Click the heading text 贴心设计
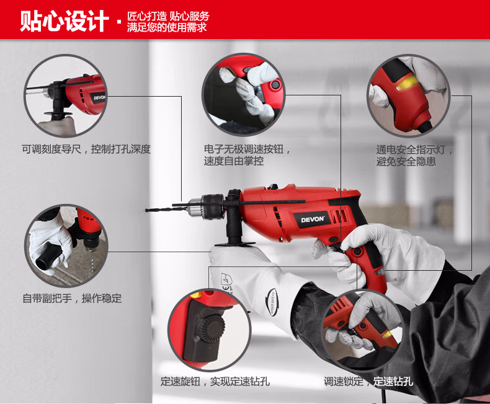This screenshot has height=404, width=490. [x=65, y=21]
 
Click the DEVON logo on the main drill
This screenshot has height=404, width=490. [x=313, y=219]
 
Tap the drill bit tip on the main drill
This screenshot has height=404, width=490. [x=146, y=211]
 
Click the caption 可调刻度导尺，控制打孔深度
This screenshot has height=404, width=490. [x=86, y=149]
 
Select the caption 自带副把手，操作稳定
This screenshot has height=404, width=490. [x=72, y=299]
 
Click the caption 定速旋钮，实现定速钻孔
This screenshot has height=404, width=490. [x=215, y=381]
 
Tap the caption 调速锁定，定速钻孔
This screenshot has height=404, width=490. [x=368, y=381]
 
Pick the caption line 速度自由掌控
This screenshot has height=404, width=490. [x=234, y=161]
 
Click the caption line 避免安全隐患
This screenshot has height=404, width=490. [x=406, y=161]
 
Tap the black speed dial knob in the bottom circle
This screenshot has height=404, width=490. [x=212, y=328]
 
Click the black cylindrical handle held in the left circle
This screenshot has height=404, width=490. [x=48, y=257]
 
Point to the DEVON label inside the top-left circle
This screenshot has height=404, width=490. [x=99, y=98]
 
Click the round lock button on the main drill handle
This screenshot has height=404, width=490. [x=357, y=251]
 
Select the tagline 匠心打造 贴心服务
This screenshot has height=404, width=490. [x=168, y=16]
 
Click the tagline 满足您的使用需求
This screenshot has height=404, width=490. [x=167, y=27]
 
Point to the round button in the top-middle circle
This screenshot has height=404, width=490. [x=275, y=84]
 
